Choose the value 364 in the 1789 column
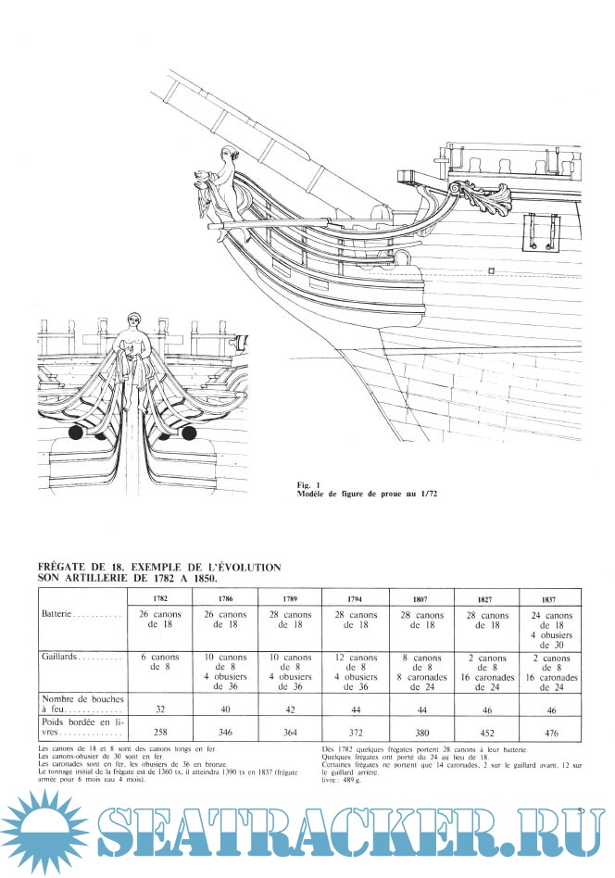291,732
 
